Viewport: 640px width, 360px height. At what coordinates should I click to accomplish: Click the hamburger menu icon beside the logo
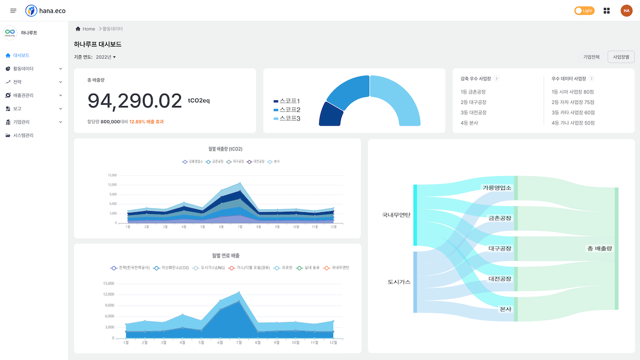point(13,11)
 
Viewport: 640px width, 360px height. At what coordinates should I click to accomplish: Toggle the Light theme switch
point(584,11)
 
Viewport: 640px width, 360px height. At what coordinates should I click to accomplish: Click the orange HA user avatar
point(626,11)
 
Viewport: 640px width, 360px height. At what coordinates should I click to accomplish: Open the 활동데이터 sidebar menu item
point(23,69)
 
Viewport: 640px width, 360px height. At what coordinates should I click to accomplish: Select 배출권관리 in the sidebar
point(23,95)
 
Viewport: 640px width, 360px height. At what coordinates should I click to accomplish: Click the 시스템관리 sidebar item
point(23,135)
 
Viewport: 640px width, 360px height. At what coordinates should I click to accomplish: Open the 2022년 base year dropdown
point(106,57)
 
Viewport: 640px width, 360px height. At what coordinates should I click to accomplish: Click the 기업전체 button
point(591,57)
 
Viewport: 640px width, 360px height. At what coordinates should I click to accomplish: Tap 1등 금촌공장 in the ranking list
point(473,91)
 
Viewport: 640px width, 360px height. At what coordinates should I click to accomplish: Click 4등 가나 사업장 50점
point(573,123)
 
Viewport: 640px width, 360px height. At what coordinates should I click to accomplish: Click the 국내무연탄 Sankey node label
point(396,215)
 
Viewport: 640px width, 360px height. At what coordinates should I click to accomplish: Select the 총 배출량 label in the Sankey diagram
point(599,248)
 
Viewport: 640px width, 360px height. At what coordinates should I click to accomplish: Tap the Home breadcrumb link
point(89,29)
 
